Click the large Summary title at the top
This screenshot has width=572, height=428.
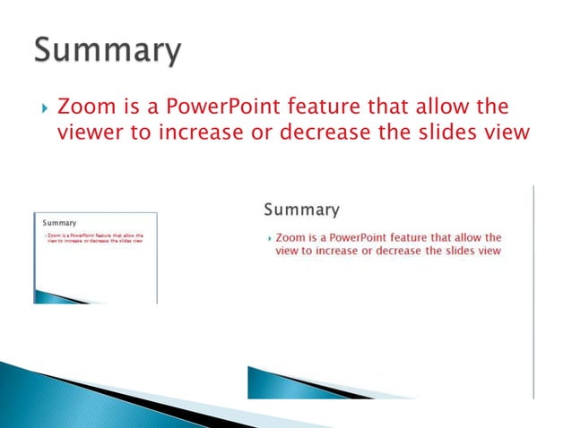(x=108, y=50)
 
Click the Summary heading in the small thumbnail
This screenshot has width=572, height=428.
(x=56, y=223)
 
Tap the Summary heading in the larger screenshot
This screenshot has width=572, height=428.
(x=301, y=210)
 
